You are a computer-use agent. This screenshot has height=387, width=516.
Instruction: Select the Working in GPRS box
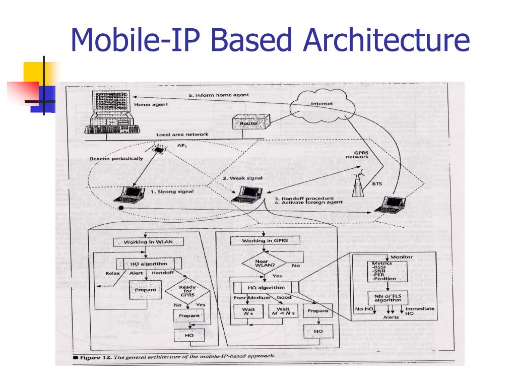tap(264, 240)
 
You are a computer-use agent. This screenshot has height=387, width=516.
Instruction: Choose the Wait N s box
tap(248, 312)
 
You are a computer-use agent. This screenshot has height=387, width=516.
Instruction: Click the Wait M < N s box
tap(283, 312)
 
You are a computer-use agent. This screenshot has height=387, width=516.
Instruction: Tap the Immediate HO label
tap(420, 311)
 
